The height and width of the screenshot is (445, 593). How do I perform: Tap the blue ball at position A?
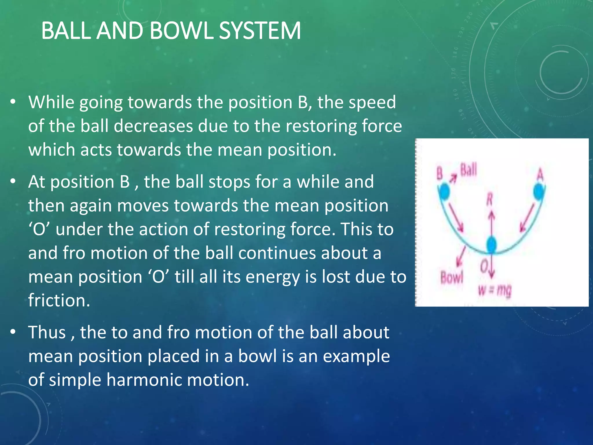pyautogui.click(x=539, y=192)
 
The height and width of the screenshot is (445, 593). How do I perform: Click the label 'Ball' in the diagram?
pyautogui.click(x=468, y=170)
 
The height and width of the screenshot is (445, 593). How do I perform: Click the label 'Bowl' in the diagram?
pyautogui.click(x=452, y=278)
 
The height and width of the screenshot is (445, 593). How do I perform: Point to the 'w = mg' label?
pyautogui.click(x=495, y=290)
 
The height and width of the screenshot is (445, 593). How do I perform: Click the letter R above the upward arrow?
pyautogui.click(x=489, y=200)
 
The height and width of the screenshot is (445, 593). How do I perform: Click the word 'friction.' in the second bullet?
pyautogui.click(x=59, y=300)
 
